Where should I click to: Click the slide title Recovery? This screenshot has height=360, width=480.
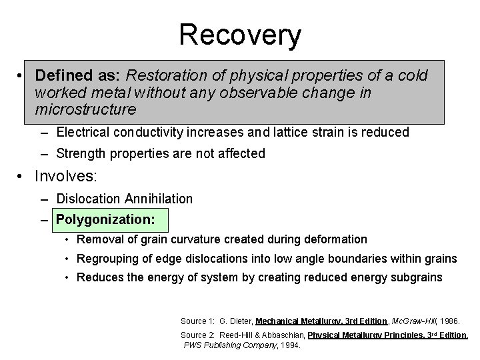tap(240, 35)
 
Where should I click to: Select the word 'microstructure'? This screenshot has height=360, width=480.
tap(86, 108)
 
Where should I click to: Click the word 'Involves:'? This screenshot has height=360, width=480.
tap(66, 177)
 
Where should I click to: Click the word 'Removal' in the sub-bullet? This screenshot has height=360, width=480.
tap(98, 239)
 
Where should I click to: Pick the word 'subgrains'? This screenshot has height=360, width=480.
tap(417, 277)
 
